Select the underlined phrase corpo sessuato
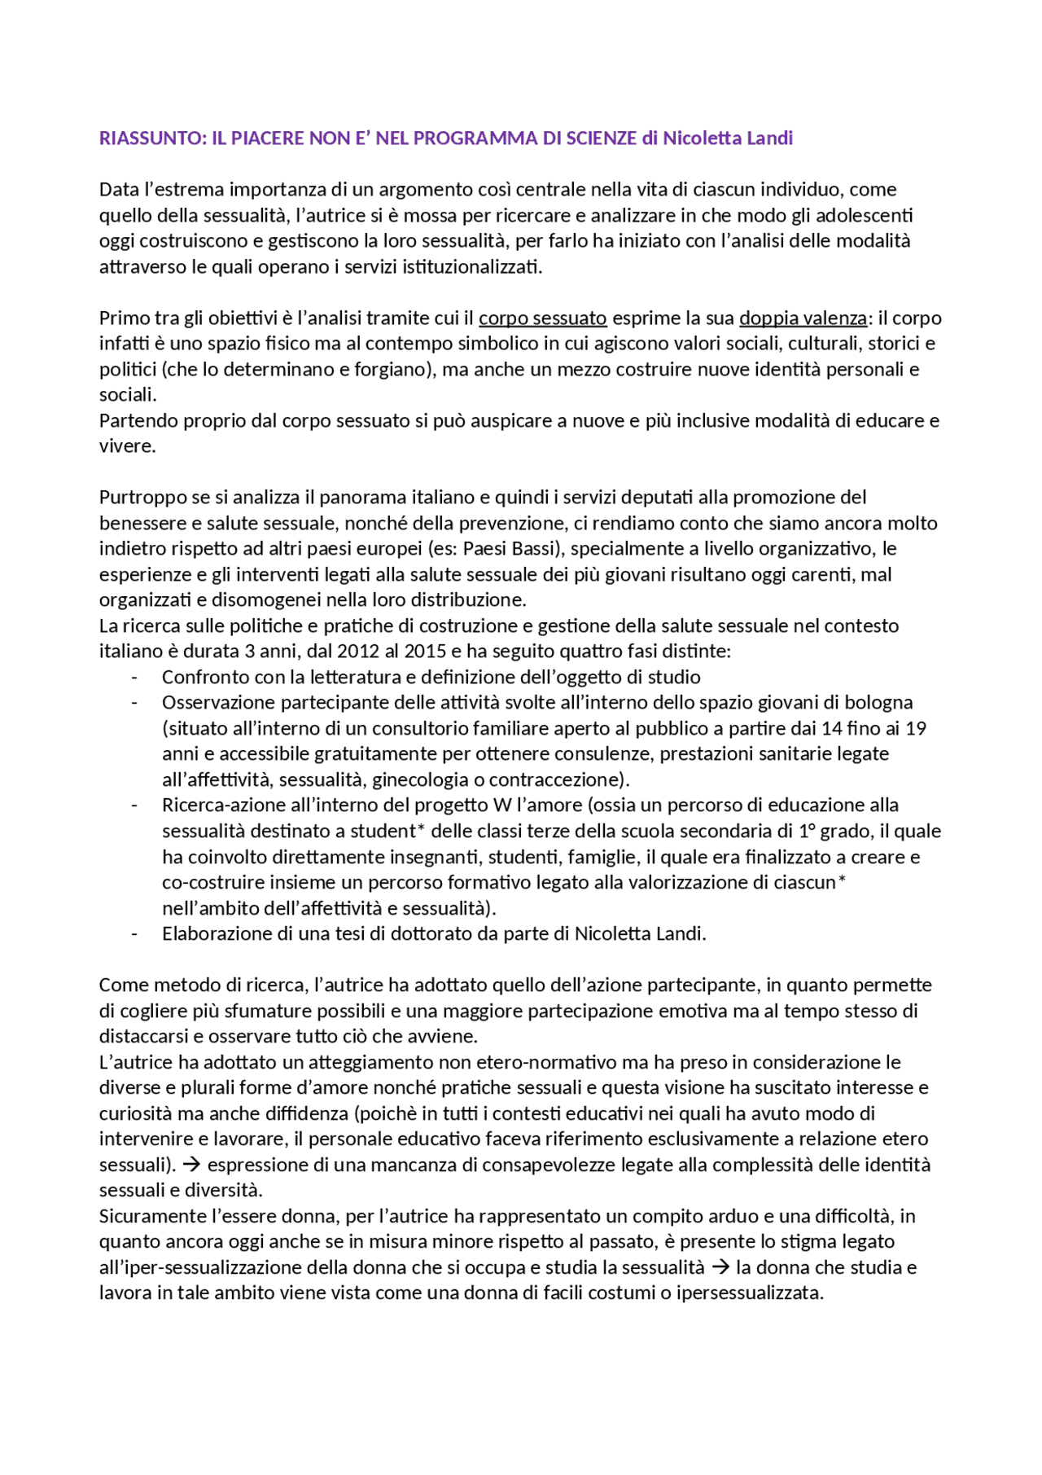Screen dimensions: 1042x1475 click(x=542, y=318)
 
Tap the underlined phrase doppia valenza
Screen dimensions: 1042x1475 click(x=803, y=318)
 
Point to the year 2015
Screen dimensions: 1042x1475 click(x=424, y=652)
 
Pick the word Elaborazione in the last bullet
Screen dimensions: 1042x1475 click(x=214, y=934)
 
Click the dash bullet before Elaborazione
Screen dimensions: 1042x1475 click(x=135, y=934)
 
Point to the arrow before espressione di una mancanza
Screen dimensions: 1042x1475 click(x=193, y=1166)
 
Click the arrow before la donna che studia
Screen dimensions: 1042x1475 click(x=720, y=1268)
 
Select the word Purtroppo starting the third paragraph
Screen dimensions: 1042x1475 click(x=140, y=498)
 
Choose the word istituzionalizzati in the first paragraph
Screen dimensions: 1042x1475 click(x=471, y=267)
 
